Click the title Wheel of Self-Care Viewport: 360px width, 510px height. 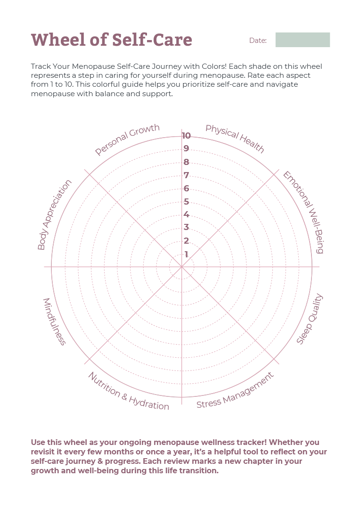[x=111, y=40]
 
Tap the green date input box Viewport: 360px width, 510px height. [x=303, y=40]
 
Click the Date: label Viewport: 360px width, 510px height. [x=258, y=41]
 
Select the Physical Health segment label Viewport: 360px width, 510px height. [x=235, y=139]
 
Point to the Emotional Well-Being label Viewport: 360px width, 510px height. [x=303, y=212]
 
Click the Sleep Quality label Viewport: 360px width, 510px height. [x=310, y=319]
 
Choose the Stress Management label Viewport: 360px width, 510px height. [x=235, y=391]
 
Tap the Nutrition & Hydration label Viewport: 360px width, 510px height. [x=128, y=391]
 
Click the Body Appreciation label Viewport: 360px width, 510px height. [x=55, y=214]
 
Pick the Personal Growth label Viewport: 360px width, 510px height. [x=127, y=140]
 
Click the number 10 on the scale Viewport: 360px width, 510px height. [x=186, y=136]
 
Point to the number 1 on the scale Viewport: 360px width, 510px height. [x=186, y=255]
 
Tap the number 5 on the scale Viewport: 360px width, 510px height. [x=186, y=202]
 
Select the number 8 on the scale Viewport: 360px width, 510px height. [x=186, y=163]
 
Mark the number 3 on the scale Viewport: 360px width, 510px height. [x=186, y=228]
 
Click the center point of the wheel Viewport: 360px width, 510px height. [x=181, y=267]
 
